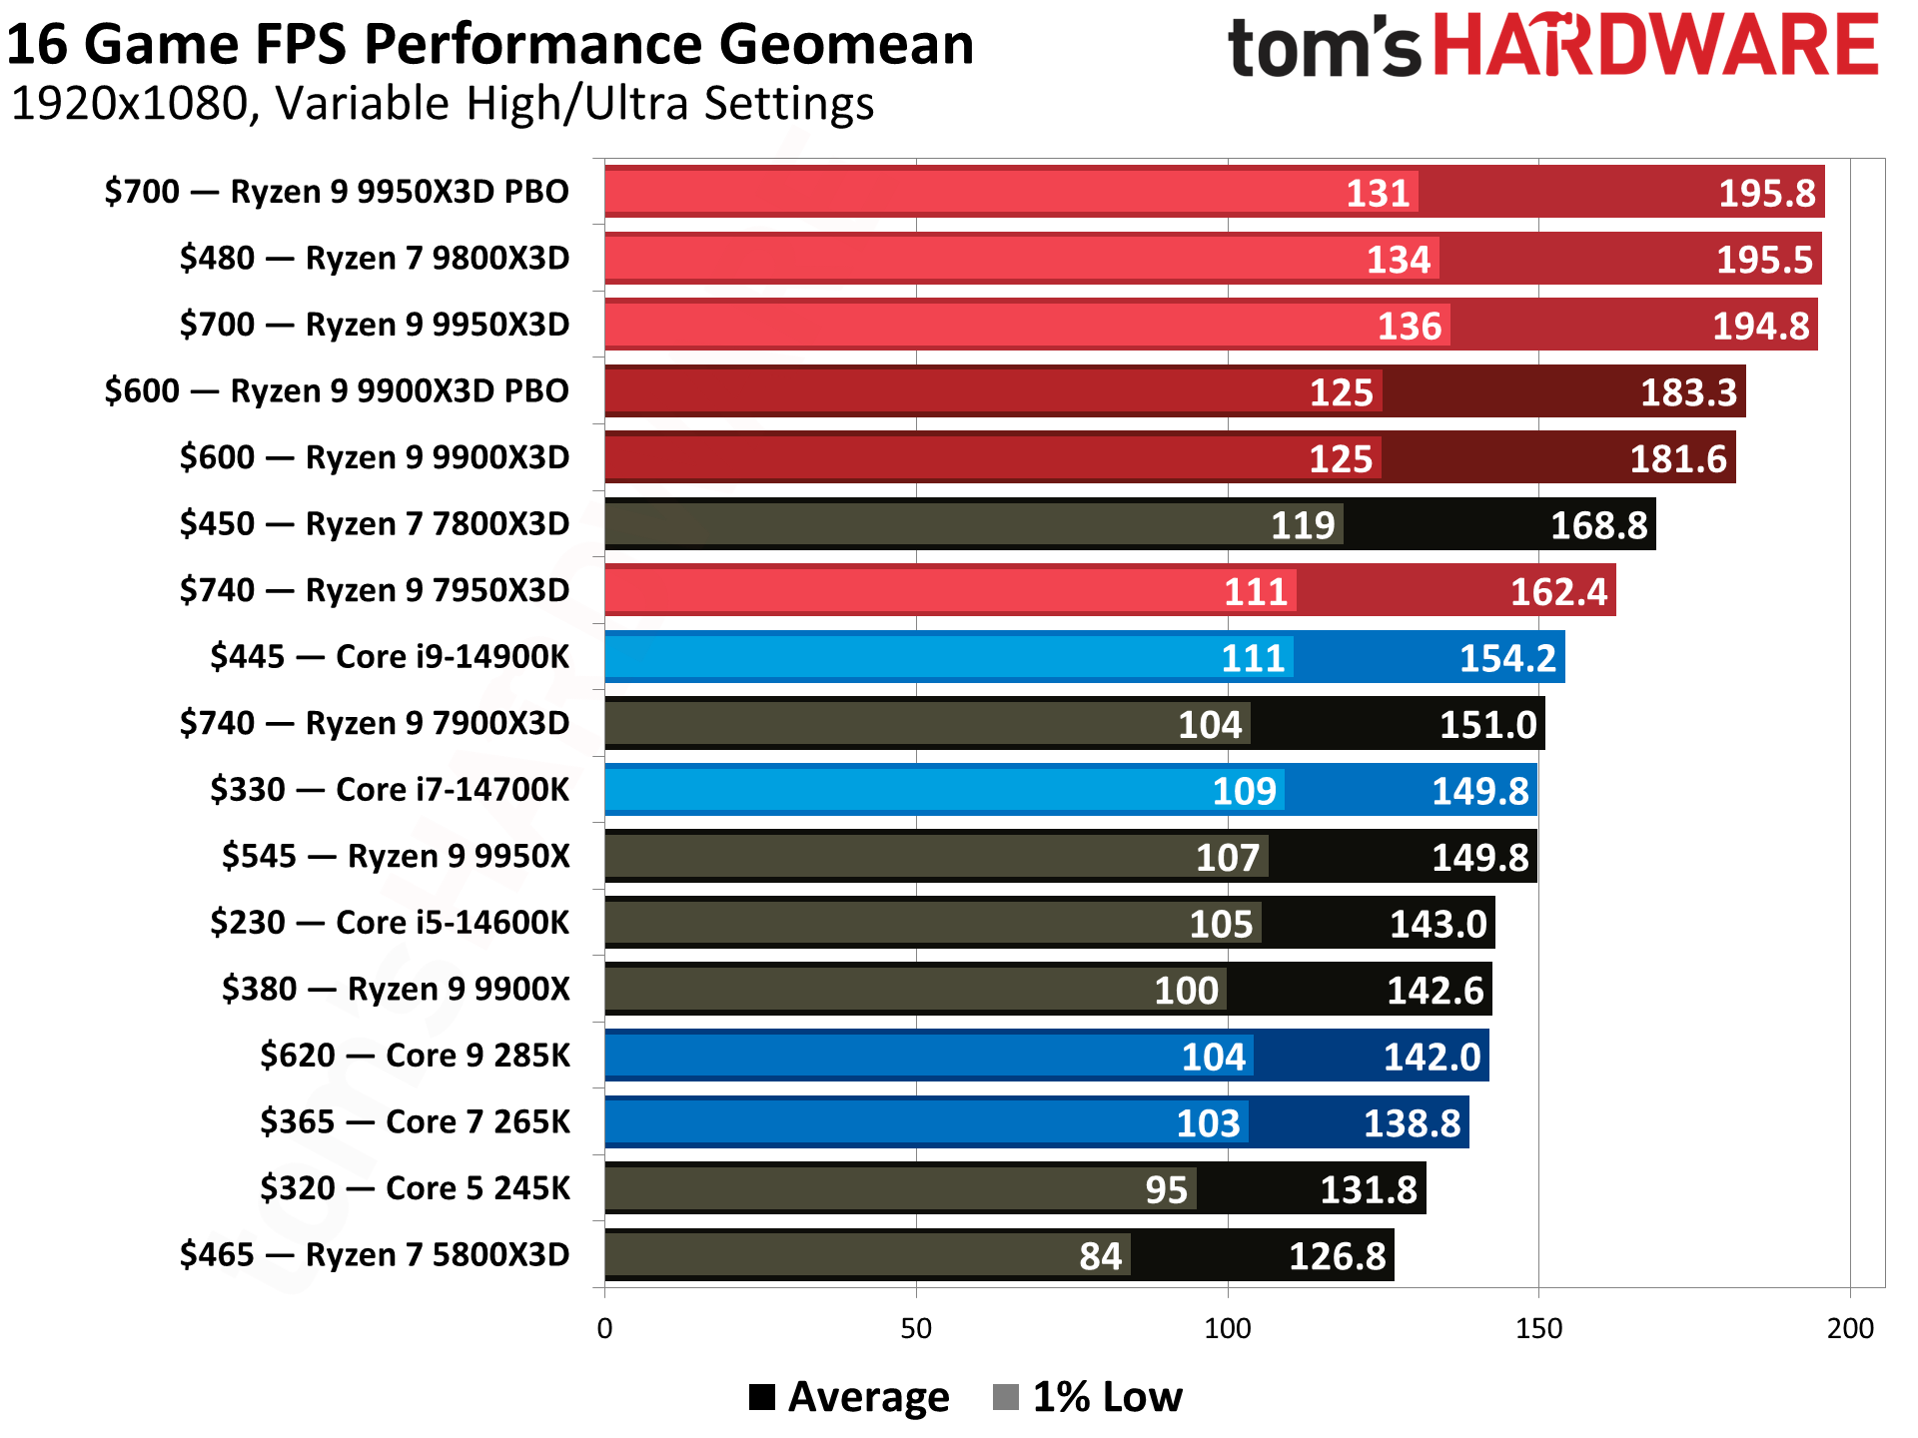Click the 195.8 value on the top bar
tap(1765, 193)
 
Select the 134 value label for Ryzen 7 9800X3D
tap(1399, 260)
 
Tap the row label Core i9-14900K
tap(390, 656)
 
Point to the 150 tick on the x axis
tap(1538, 1328)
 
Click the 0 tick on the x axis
tap(604, 1328)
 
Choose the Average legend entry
tap(849, 1396)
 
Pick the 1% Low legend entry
tap(1089, 1396)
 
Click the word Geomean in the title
tap(845, 45)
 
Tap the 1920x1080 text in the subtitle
tap(130, 104)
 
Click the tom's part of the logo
tap(1324, 47)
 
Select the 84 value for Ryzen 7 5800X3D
tap(1100, 1256)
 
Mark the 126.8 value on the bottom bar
tap(1337, 1256)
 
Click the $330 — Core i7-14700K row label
tap(390, 789)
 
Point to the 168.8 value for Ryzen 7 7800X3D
tap(1597, 525)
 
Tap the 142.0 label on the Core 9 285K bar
tap(1431, 1057)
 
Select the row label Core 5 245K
tap(415, 1187)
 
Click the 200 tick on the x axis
tap(1850, 1328)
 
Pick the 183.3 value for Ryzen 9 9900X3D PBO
tap(1688, 392)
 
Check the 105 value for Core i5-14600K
tap(1220, 924)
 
